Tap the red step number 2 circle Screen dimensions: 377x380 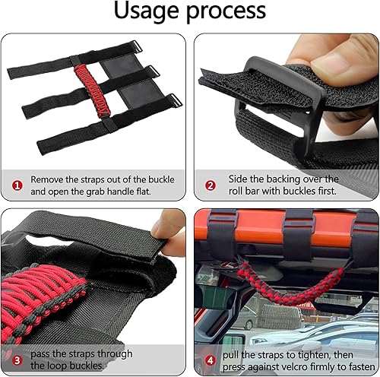211,183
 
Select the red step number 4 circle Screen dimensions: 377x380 211,358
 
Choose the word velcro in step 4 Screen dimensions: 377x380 313,366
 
